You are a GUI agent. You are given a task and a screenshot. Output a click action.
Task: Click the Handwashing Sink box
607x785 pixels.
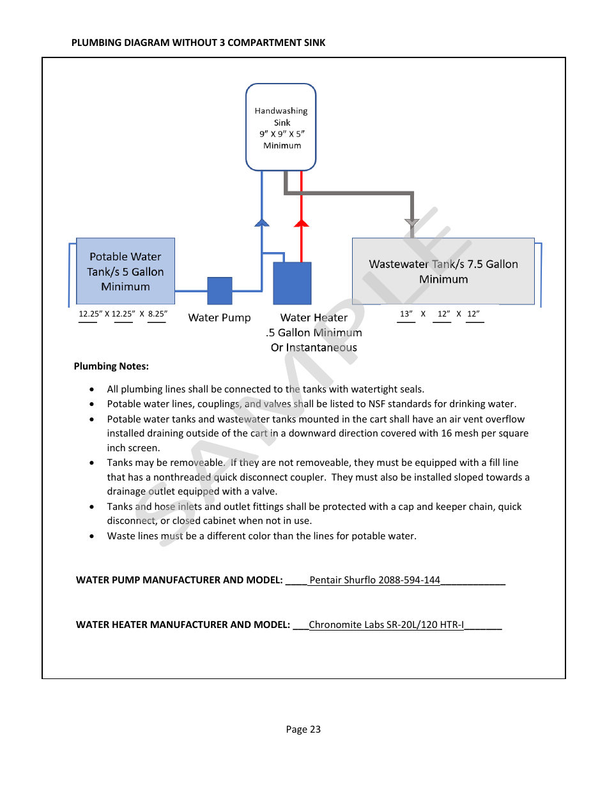click(x=281, y=128)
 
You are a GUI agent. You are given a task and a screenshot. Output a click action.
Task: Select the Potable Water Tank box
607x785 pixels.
click(x=125, y=271)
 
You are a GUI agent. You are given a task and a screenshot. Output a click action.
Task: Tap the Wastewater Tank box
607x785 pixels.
click(x=443, y=271)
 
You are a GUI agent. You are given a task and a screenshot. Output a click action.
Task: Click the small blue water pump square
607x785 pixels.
click(x=220, y=290)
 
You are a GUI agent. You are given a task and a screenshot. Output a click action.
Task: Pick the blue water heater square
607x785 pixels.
click(x=292, y=283)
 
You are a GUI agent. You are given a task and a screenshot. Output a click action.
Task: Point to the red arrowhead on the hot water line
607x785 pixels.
click(x=302, y=223)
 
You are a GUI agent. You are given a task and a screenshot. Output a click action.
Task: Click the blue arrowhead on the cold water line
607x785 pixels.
click(x=262, y=223)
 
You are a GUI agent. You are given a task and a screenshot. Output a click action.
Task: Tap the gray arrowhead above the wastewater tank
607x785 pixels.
click(x=412, y=223)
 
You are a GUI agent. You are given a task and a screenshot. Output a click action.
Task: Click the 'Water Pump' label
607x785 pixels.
click(x=219, y=318)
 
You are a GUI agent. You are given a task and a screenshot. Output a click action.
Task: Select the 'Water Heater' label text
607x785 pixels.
click(x=314, y=318)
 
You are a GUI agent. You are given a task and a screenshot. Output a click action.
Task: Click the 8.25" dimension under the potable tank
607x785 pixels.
click(x=157, y=313)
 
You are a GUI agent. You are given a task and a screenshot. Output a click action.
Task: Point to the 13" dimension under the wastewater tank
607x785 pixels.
click(x=406, y=313)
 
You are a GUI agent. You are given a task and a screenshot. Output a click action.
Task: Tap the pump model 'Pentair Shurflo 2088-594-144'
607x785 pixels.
click(x=374, y=580)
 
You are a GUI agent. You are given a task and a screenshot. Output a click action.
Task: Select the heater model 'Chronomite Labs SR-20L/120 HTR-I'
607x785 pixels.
click(x=386, y=625)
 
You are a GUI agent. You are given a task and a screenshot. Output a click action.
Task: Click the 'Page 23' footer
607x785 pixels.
click(x=303, y=729)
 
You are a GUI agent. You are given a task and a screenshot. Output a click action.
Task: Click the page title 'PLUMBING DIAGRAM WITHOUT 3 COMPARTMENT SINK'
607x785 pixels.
click(x=198, y=43)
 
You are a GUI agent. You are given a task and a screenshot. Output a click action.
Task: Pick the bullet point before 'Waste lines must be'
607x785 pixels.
click(x=93, y=536)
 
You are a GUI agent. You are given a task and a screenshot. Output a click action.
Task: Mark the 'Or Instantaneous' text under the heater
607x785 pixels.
click(x=314, y=348)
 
